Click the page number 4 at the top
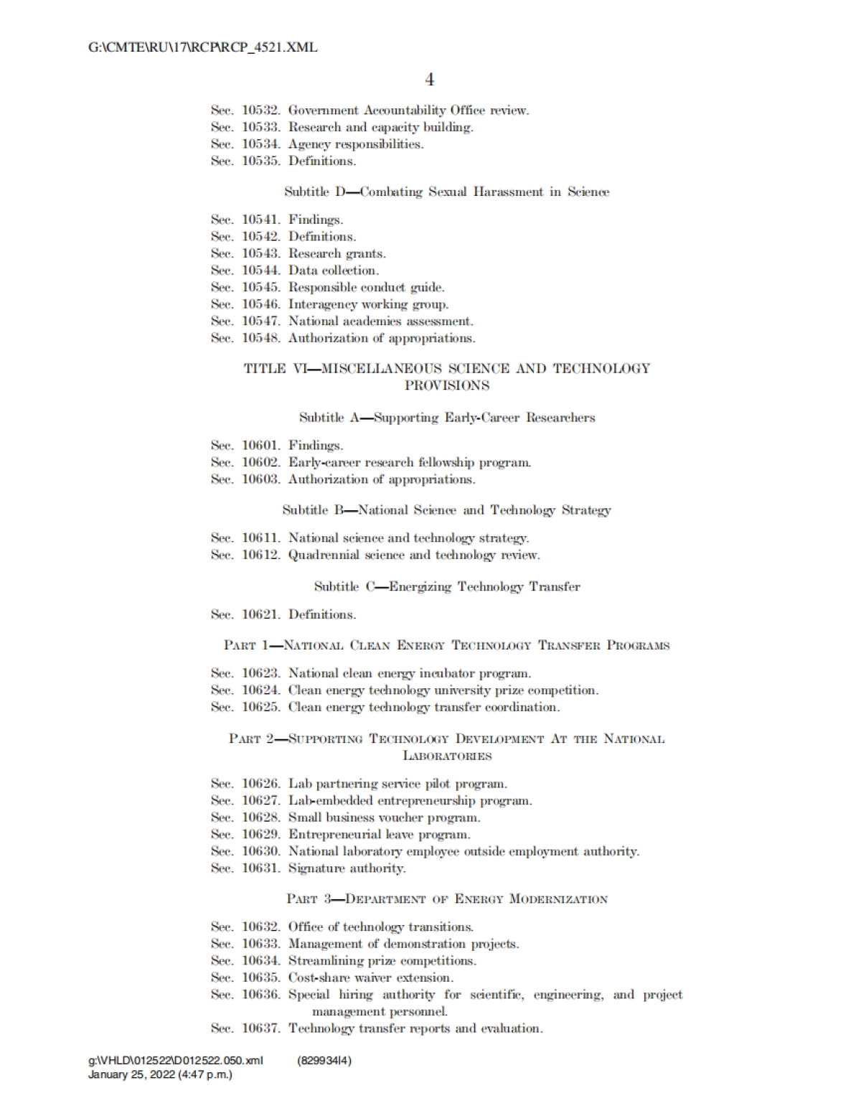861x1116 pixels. (429, 79)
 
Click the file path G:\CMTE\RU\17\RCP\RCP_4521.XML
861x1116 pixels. (202, 48)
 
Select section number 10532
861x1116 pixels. (260, 111)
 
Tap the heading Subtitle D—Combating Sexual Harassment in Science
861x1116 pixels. (446, 192)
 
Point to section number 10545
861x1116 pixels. (260, 287)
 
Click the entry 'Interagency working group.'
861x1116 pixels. (368, 304)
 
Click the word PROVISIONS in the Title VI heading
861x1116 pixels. (446, 385)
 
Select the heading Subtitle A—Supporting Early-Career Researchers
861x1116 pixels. (446, 418)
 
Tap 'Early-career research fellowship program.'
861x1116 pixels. (410, 462)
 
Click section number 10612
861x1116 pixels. (260, 555)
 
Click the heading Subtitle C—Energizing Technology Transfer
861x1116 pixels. (446, 586)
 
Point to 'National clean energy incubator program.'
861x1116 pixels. (410, 673)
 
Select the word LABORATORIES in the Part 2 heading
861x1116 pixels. (446, 756)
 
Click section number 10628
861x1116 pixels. (260, 817)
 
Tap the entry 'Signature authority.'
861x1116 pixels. (347, 868)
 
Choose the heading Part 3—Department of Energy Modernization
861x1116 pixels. (446, 899)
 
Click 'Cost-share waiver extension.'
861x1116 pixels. (371, 977)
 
